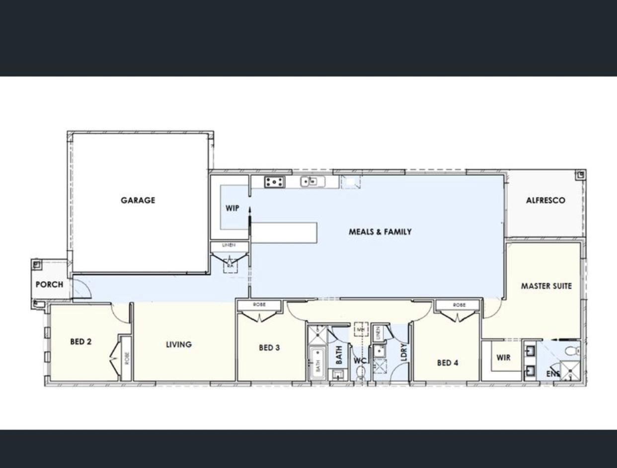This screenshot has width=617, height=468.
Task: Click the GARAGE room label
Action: click(x=138, y=200)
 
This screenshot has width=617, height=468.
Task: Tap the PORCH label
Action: click(x=49, y=285)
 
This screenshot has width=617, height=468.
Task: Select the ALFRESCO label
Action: click(x=545, y=200)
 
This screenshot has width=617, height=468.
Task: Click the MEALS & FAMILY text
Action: click(x=380, y=232)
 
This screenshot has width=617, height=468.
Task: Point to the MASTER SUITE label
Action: click(x=546, y=286)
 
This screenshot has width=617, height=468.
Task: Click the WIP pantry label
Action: click(x=232, y=208)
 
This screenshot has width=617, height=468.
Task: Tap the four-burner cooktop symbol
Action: click(x=274, y=182)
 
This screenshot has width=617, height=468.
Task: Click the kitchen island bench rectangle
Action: click(x=284, y=233)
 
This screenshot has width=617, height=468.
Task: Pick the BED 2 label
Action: click(x=80, y=342)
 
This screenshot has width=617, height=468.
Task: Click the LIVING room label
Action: click(x=178, y=344)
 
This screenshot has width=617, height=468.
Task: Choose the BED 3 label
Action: click(x=269, y=348)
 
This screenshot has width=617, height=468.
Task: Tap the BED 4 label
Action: click(x=448, y=363)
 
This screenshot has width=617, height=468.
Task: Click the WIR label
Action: click(x=503, y=357)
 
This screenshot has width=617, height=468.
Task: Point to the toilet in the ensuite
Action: click(x=574, y=350)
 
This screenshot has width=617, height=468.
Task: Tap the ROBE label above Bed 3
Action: click(x=259, y=304)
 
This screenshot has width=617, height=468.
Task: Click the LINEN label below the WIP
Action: click(x=229, y=245)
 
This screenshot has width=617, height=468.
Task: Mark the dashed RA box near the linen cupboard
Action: click(x=230, y=266)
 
